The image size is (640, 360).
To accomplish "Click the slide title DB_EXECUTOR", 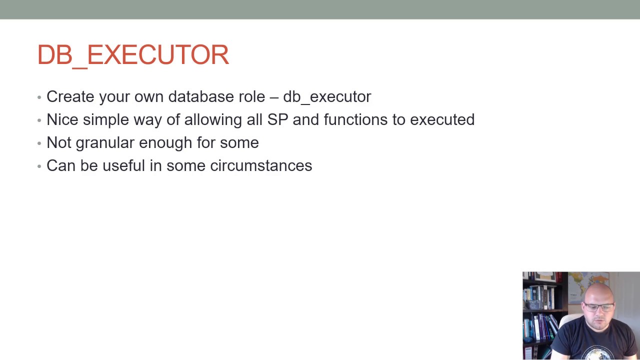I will click(x=133, y=54).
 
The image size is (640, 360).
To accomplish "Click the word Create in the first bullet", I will click(x=70, y=96).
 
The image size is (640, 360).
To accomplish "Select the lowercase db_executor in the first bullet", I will click(x=327, y=96).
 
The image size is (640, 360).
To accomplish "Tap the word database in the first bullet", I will click(x=201, y=96).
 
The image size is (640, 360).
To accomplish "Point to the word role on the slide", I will click(x=251, y=96).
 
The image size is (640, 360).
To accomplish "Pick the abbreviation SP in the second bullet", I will click(x=277, y=119).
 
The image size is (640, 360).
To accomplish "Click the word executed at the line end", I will click(x=442, y=119).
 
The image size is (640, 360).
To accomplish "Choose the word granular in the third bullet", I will click(x=105, y=143).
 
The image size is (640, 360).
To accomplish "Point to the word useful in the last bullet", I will click(x=123, y=165).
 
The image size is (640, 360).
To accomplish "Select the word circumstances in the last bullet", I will click(x=261, y=165).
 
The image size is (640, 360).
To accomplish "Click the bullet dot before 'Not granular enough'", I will click(x=39, y=143).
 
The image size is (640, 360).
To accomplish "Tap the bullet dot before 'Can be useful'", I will click(x=39, y=166).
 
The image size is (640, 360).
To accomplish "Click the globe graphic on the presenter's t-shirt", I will click(x=597, y=352).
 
